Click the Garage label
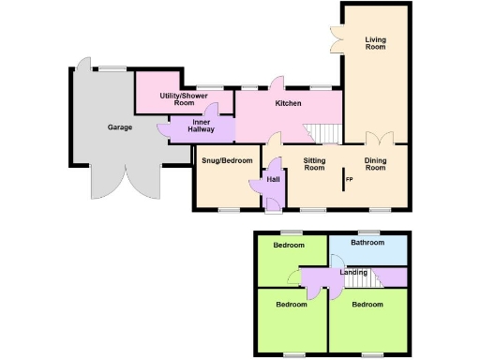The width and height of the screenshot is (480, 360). click(119, 127)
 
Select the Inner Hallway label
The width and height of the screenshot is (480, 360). click(202, 127)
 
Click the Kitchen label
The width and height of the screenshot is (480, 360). click(287, 103)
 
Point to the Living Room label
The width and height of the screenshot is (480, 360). click(377, 42)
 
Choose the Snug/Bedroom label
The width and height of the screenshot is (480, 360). click(227, 160)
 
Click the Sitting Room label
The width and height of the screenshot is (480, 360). click(314, 164)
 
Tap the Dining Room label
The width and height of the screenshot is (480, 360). click(376, 164)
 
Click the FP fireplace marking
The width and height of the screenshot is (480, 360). click(349, 179)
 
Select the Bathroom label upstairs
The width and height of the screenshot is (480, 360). click(367, 243)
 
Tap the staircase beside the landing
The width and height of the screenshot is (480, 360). click(362, 277)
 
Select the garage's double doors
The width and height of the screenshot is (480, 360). click(126, 184)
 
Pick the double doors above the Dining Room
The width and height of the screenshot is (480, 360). click(377, 139)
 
